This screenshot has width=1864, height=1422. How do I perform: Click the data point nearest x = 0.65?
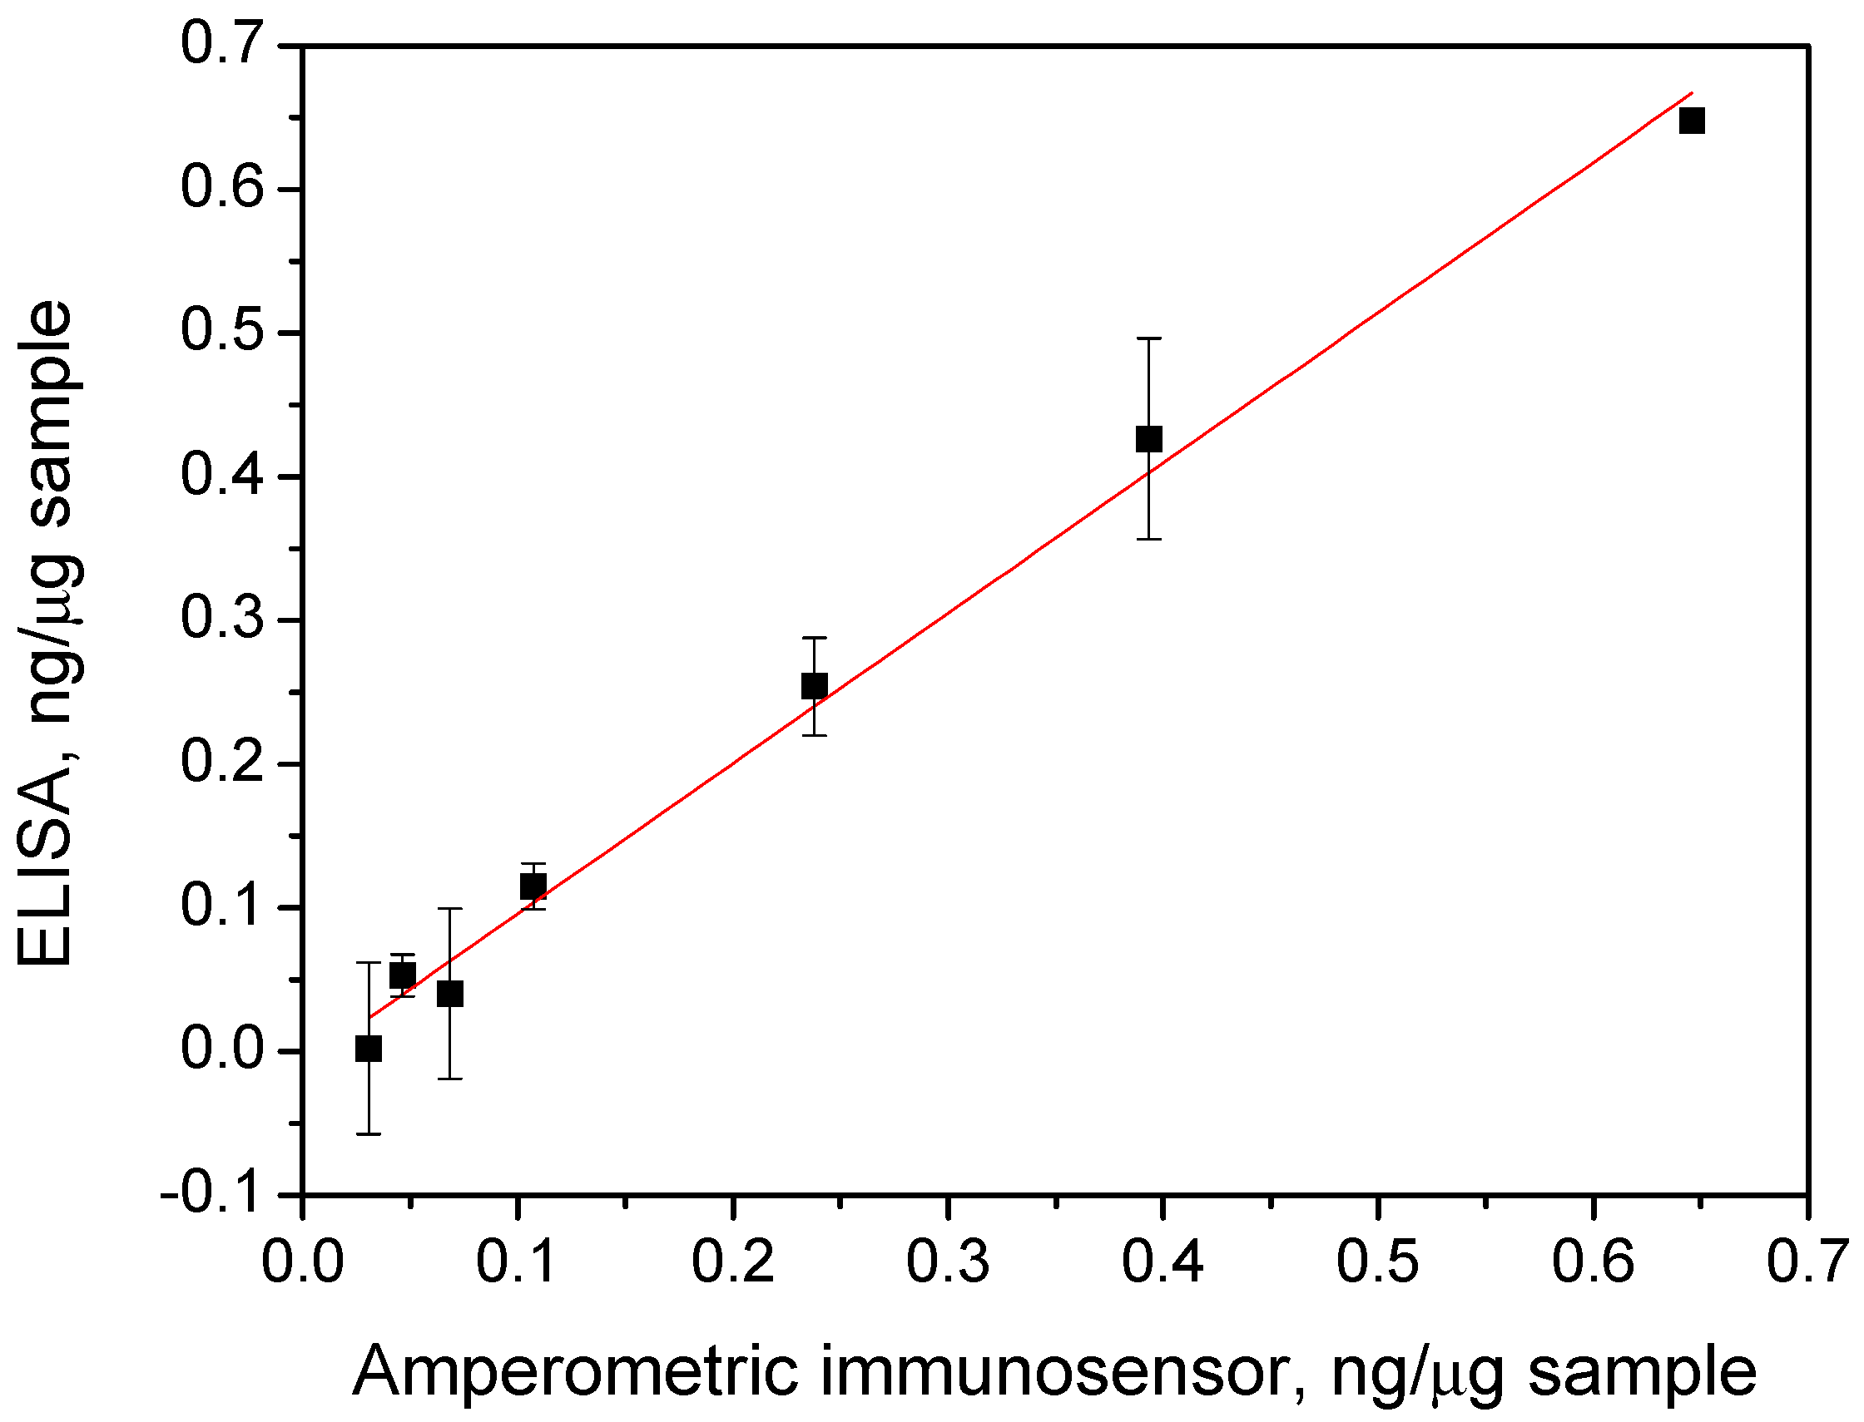click(x=1691, y=121)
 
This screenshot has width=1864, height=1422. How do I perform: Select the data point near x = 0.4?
click(x=1148, y=439)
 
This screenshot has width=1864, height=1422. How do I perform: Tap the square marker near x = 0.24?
click(x=814, y=685)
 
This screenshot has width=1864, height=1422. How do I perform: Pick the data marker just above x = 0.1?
click(x=533, y=886)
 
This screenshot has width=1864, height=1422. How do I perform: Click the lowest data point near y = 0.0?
click(x=369, y=1049)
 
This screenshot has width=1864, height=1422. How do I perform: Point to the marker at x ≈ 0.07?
click(x=449, y=994)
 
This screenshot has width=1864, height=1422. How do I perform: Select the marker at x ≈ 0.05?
click(x=402, y=976)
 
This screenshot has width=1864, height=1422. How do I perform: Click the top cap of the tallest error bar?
click(x=1148, y=338)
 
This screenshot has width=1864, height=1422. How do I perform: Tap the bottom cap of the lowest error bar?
click(x=369, y=1134)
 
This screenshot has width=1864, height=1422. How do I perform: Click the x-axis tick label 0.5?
click(x=1377, y=1262)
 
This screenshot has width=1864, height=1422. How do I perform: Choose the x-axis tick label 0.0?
click(x=302, y=1262)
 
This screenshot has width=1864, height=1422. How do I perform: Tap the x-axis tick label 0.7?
click(x=1807, y=1262)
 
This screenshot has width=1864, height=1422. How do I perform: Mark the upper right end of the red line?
click(x=1691, y=92)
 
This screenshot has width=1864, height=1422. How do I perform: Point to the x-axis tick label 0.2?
click(x=732, y=1262)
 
